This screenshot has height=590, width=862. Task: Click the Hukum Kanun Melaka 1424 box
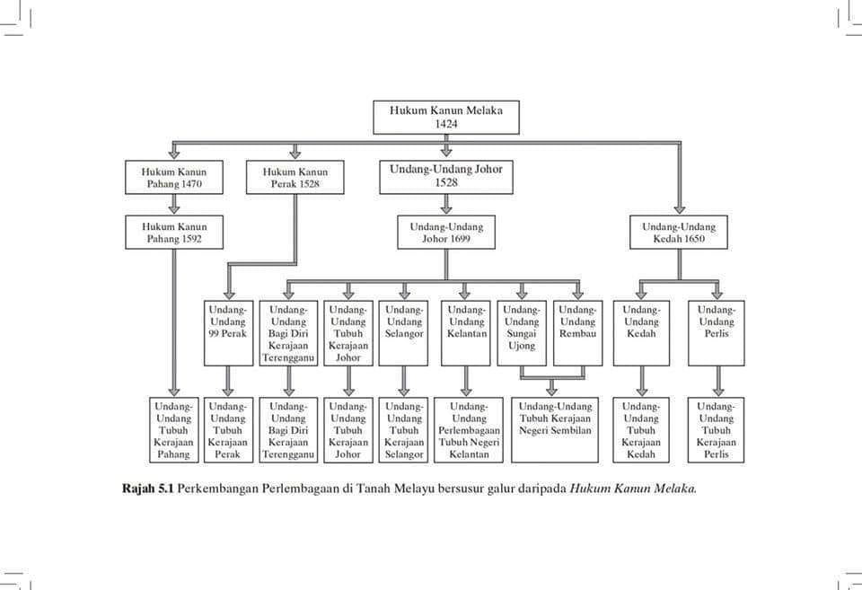click(446, 117)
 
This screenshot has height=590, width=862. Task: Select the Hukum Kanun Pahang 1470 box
click(173, 177)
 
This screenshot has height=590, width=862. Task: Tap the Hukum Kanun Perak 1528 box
click(295, 177)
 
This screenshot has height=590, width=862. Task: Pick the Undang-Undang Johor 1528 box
click(446, 176)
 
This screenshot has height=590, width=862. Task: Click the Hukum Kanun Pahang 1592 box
click(173, 232)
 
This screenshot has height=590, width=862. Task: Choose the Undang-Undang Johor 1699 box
click(446, 232)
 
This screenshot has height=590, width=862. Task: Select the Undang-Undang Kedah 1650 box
click(679, 232)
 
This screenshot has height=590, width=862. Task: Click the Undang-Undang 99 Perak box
click(228, 333)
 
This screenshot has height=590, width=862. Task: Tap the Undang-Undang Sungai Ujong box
click(522, 333)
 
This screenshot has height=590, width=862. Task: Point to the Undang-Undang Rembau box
click(577, 333)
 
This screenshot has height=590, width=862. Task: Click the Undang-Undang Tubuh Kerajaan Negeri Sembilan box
click(555, 430)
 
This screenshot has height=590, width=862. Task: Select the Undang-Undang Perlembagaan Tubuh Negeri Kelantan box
click(469, 430)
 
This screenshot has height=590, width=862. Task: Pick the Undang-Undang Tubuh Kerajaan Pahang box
click(173, 430)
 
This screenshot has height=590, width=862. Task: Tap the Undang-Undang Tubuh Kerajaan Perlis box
click(716, 430)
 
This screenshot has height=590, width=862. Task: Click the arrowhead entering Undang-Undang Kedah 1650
click(680, 209)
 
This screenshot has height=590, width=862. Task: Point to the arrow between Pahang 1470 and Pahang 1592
click(174, 205)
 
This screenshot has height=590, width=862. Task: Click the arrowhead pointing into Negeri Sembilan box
click(551, 392)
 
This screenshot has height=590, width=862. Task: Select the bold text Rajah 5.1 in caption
click(147, 489)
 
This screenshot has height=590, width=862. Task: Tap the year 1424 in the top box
click(446, 124)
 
